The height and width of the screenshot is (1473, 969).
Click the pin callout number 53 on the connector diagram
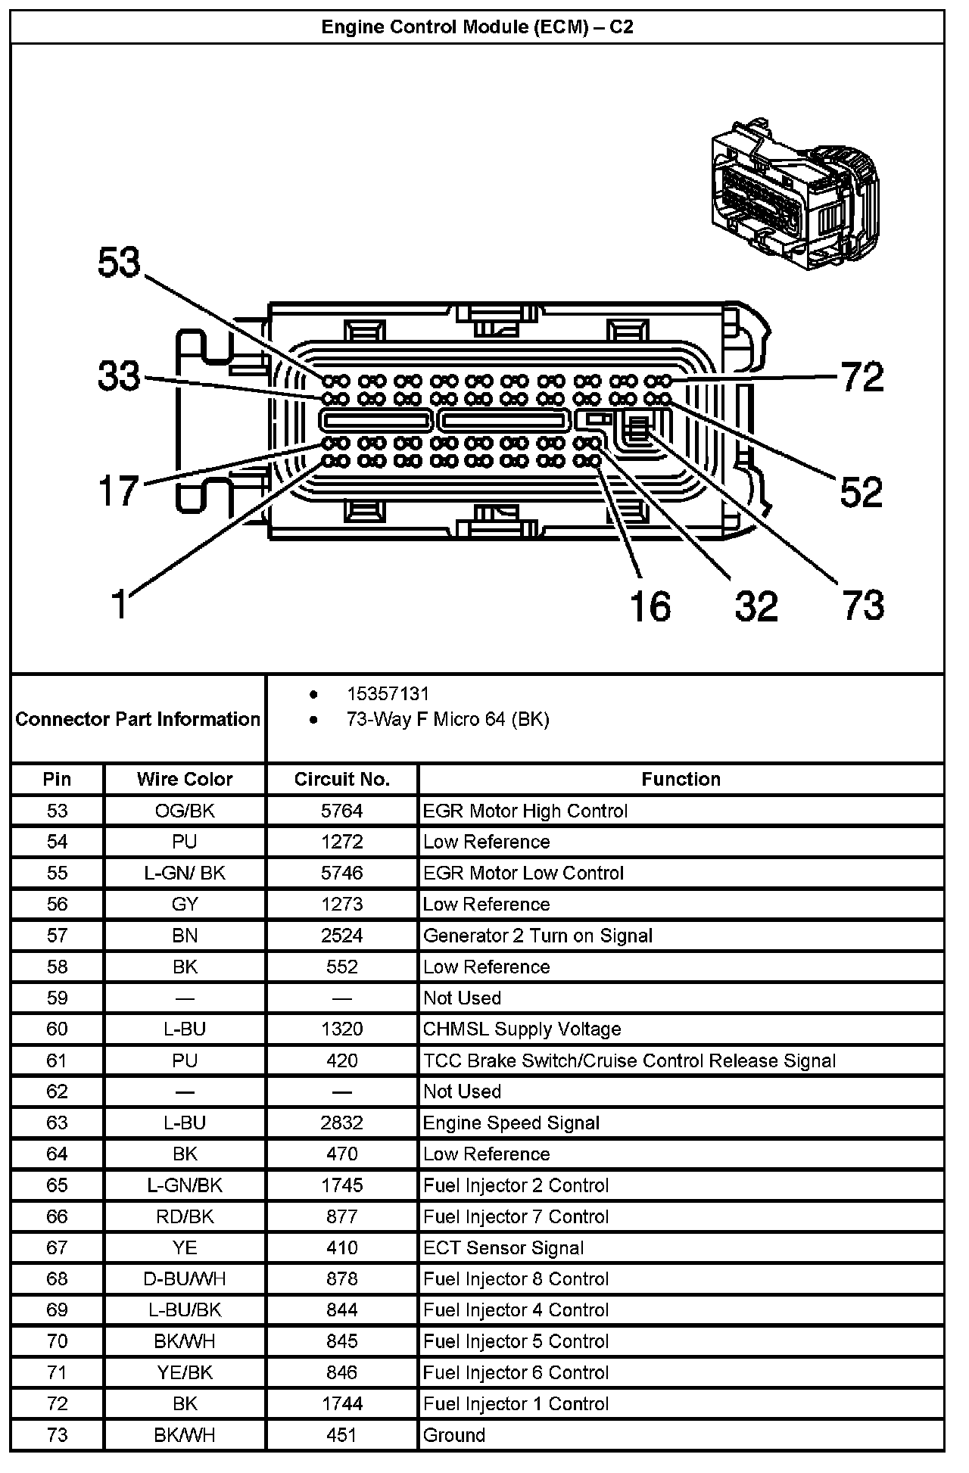point(120,263)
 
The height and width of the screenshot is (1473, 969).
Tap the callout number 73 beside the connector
point(863,606)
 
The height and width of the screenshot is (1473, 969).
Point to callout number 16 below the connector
point(650,606)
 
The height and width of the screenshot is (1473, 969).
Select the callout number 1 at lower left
point(120,605)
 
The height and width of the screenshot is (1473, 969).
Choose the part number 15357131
point(388,694)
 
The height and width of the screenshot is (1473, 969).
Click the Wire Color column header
point(185,779)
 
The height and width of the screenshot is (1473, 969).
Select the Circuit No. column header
point(341,779)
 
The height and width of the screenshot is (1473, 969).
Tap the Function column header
point(681,779)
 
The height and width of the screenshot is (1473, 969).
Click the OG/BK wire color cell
point(185,811)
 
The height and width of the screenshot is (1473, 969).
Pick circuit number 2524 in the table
point(341,936)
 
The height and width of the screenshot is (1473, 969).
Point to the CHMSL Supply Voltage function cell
point(522,1029)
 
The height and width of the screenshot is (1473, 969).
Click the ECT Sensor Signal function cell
point(503,1247)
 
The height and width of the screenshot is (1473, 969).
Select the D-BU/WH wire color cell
point(185,1278)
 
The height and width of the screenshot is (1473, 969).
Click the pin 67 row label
point(57,1247)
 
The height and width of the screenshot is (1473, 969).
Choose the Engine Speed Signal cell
point(511,1123)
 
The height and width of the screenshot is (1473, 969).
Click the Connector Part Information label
point(138,719)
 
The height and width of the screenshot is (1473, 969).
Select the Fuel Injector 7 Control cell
point(516,1216)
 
